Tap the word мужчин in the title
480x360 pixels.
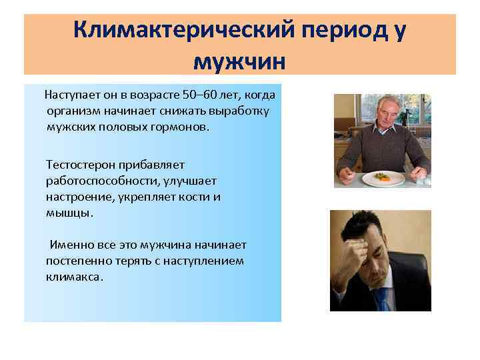coord(239,61)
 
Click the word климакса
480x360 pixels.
coord(74,277)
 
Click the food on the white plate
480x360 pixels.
coord(383,176)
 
